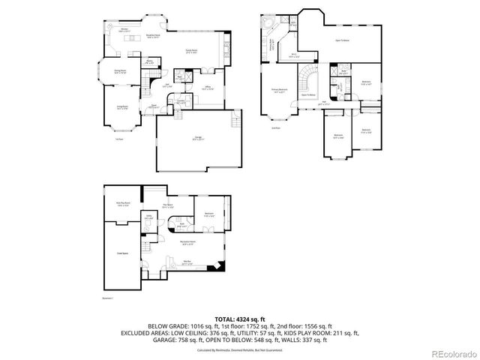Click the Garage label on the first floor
198,138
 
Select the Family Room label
191,52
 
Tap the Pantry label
150,62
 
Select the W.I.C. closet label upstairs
294,55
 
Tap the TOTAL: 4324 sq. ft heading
239,319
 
